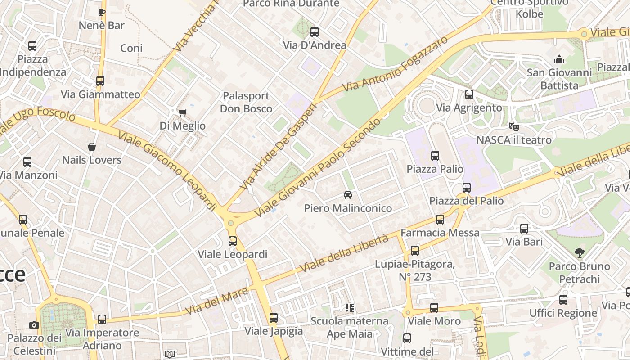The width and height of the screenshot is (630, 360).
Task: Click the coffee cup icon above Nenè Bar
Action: pyautogui.click(x=101, y=12)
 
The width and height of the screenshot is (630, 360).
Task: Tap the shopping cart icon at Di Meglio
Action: pyautogui.click(x=182, y=112)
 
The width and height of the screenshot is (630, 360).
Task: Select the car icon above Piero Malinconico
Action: pyautogui.click(x=347, y=195)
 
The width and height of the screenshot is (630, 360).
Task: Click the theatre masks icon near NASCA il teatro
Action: pyautogui.click(x=513, y=126)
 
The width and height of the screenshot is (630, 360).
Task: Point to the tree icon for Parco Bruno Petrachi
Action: pyautogui.click(x=579, y=253)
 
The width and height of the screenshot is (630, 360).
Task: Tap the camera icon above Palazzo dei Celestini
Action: pyautogui.click(x=34, y=325)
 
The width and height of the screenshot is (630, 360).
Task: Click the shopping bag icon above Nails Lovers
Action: pyautogui.click(x=92, y=147)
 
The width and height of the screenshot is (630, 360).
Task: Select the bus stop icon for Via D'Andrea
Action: pyautogui.click(x=315, y=32)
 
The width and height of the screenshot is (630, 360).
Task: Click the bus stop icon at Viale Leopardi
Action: pyautogui.click(x=232, y=241)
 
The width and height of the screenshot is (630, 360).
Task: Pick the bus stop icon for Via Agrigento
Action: pyautogui.click(x=469, y=94)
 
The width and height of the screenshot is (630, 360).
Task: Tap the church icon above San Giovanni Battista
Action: pyautogui.click(x=559, y=59)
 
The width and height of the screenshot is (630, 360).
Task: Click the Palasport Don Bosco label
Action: pyautogui.click(x=246, y=102)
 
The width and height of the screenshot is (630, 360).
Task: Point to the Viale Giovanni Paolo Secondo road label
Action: pyautogui.click(x=318, y=167)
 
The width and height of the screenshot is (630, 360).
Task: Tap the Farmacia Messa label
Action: pyautogui.click(x=440, y=233)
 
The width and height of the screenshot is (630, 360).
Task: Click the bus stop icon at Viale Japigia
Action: pyautogui.click(x=274, y=318)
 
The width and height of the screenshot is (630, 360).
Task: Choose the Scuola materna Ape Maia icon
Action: pyautogui.click(x=350, y=308)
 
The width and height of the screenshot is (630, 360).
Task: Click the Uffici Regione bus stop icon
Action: pyautogui.click(x=563, y=300)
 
